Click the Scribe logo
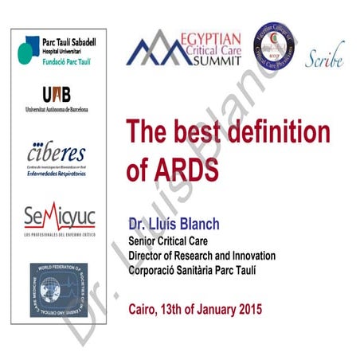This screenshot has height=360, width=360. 325,57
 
